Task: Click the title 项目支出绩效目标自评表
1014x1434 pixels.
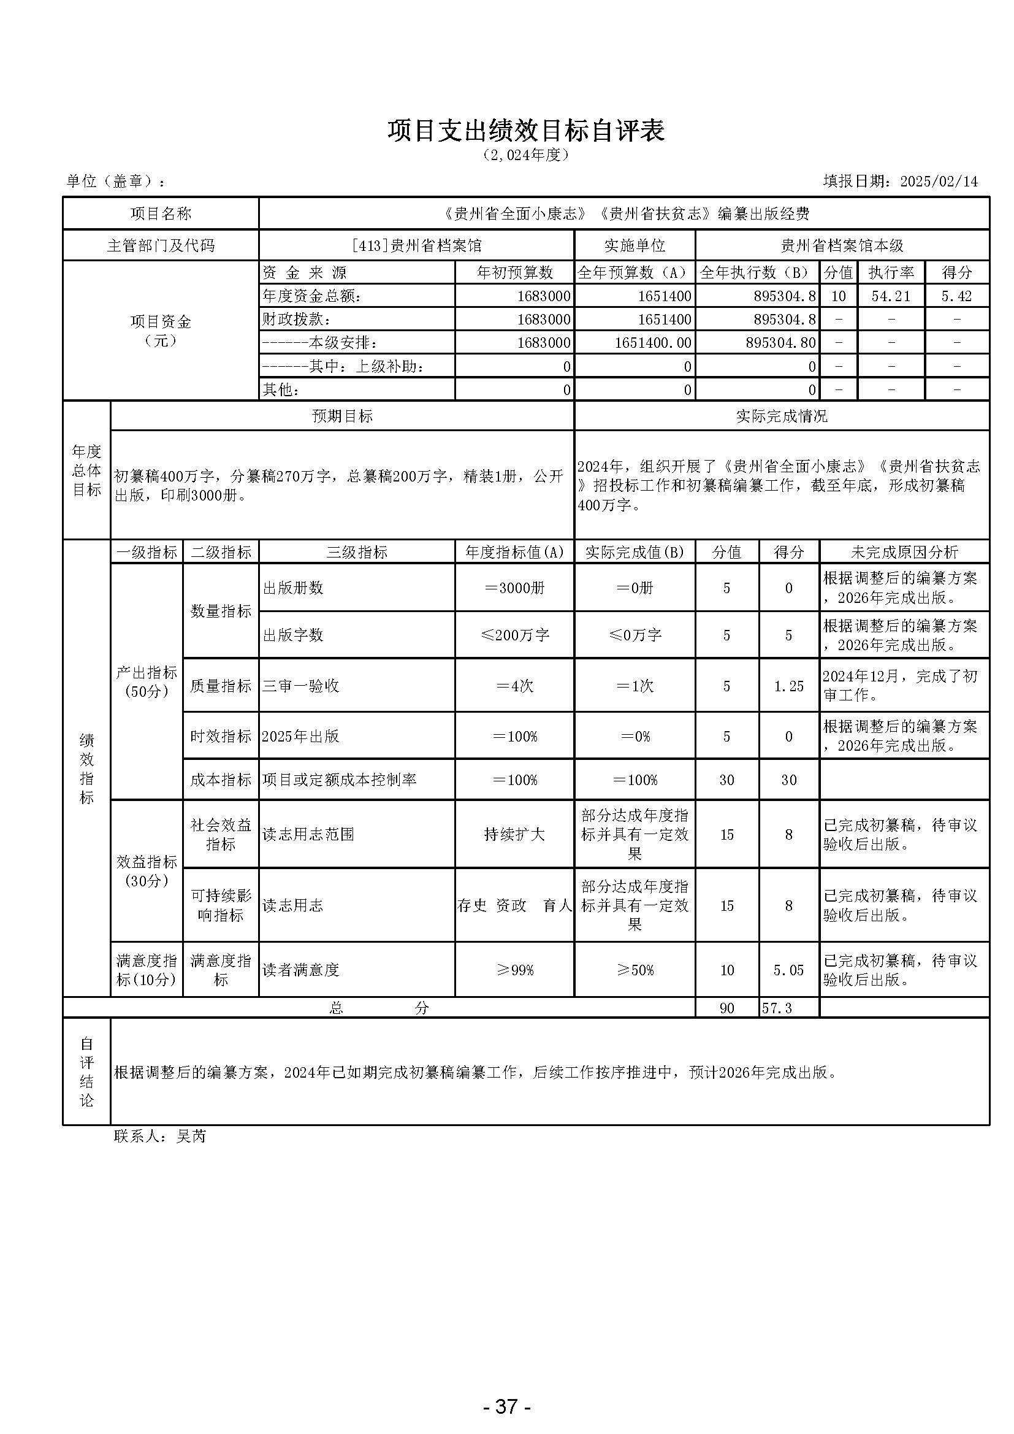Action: click(526, 131)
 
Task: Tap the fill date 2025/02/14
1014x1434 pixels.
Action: click(939, 182)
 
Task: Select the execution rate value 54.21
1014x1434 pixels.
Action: click(890, 296)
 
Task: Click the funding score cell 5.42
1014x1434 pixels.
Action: click(956, 296)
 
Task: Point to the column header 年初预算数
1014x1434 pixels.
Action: click(514, 272)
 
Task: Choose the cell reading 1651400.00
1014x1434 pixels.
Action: click(652, 343)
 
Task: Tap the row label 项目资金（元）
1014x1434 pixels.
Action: click(161, 331)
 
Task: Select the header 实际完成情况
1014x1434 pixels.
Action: click(781, 416)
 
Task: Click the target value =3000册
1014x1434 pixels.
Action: click(514, 588)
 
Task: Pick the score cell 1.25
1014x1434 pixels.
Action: click(788, 686)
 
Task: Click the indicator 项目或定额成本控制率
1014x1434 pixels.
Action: click(339, 780)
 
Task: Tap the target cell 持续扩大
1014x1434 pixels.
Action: click(514, 834)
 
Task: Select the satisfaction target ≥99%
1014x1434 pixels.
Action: click(514, 970)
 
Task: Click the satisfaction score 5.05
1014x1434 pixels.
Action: click(788, 970)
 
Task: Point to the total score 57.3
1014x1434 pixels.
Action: click(777, 1008)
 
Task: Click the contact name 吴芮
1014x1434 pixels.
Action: click(191, 1136)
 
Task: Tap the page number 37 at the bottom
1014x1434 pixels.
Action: click(506, 1389)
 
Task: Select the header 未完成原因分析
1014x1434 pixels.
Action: click(904, 552)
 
